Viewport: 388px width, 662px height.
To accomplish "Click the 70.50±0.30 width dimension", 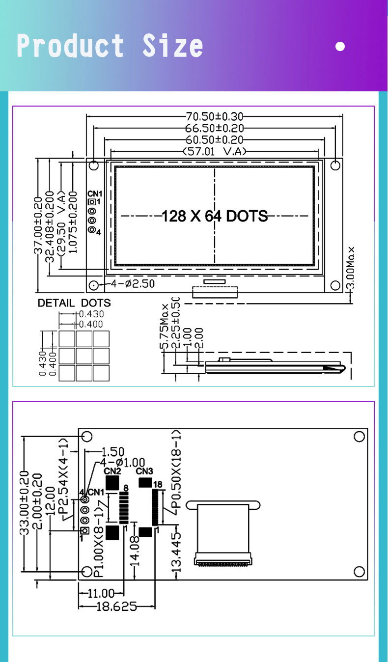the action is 215,116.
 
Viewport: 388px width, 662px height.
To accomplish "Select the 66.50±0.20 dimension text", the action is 215,128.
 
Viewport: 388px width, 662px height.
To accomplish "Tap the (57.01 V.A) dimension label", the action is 215,152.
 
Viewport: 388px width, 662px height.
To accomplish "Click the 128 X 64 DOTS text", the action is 215,216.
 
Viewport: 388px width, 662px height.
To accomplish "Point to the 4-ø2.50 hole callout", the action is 133,284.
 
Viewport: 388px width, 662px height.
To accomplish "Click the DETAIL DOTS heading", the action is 74,303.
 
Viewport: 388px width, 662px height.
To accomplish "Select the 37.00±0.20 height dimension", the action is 38,225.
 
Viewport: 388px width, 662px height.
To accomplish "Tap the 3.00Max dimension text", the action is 351,268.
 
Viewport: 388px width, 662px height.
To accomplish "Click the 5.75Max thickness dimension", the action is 165,326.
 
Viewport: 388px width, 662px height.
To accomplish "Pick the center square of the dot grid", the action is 84,356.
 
